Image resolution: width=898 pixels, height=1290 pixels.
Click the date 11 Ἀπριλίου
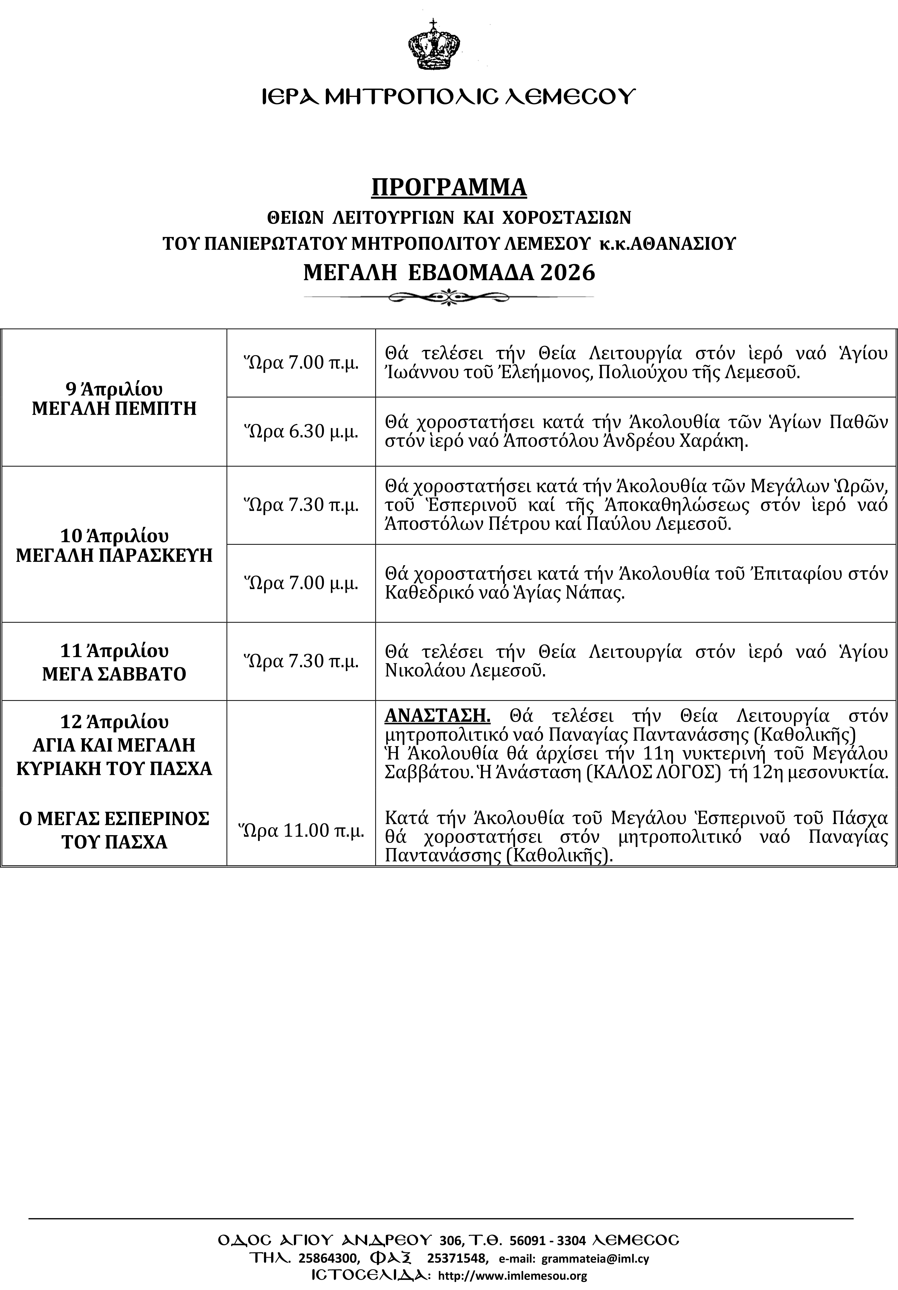[x=114, y=651]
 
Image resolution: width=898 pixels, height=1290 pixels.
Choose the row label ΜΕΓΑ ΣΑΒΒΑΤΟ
[x=114, y=674]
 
